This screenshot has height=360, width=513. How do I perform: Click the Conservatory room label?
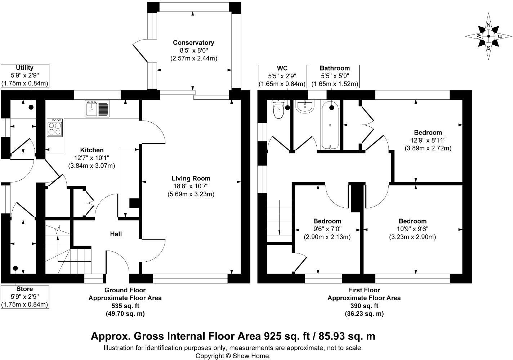point(193,42)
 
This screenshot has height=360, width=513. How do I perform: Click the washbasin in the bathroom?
point(305,106)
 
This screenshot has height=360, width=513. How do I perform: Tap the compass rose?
point(489,36)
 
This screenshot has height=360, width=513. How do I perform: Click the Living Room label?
point(191,178)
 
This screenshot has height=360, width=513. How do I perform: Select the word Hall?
point(116,234)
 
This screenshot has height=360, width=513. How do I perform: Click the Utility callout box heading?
point(24,68)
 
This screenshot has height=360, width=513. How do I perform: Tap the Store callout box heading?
point(24,289)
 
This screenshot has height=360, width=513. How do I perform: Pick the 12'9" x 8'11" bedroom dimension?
point(428,140)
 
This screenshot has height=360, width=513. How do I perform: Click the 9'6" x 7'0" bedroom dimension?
point(327,229)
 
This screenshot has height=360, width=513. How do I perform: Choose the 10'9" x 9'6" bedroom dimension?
point(412,229)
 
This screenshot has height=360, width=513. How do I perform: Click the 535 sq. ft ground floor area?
point(125,306)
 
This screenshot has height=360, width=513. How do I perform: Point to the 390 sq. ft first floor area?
point(364,306)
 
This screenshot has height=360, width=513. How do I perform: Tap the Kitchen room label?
point(92,150)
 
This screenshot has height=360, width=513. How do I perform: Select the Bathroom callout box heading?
point(335,68)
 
